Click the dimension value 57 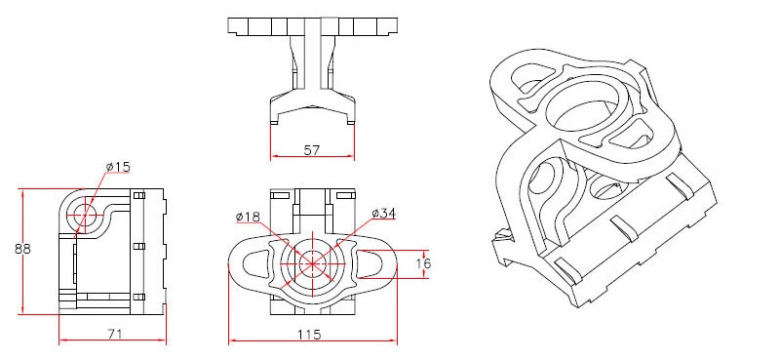coord(312,150)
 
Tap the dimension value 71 coord(113,334)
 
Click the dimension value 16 coord(422,263)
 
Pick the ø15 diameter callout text coord(117,168)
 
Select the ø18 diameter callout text coord(248,216)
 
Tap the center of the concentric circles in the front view coord(313,262)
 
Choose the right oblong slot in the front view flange coord(371,263)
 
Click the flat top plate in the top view coord(313,26)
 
